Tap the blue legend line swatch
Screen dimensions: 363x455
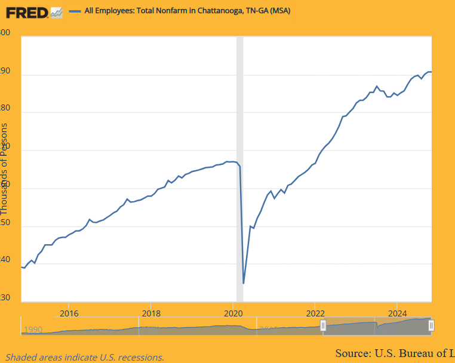[x=75, y=11]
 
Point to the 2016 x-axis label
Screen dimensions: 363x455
[x=69, y=313]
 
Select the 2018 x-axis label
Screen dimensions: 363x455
[x=151, y=313]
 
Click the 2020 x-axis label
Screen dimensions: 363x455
[x=233, y=313]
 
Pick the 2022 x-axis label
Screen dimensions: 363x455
[x=315, y=313]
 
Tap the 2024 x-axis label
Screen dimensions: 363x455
[x=398, y=313]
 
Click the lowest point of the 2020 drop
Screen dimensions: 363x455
[x=244, y=283]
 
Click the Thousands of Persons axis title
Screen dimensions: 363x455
[x=5, y=169]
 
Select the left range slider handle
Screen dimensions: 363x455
[x=323, y=325]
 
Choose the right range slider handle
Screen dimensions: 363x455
[x=431, y=325]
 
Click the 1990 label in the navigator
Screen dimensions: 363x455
[x=33, y=329]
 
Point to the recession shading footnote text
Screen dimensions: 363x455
[x=85, y=357]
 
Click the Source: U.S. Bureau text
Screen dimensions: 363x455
[x=394, y=352]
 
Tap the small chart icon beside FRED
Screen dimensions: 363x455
[x=57, y=12]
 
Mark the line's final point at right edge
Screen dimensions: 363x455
[x=431, y=72]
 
